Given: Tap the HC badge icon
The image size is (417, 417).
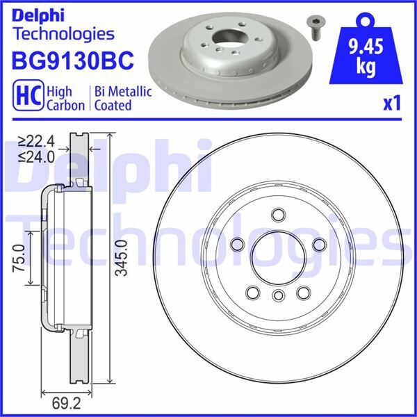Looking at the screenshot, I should [26, 97].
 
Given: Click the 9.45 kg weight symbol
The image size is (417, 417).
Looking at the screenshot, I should [370, 49].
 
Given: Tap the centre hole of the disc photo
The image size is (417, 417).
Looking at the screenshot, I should [229, 38].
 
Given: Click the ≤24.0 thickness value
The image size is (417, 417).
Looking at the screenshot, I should [38, 156].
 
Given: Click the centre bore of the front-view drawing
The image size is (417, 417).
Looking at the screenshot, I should [277, 257].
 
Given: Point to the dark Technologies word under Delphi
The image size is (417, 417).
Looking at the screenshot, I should [63, 33].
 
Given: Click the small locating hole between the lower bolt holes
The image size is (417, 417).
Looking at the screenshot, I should [277, 297].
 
